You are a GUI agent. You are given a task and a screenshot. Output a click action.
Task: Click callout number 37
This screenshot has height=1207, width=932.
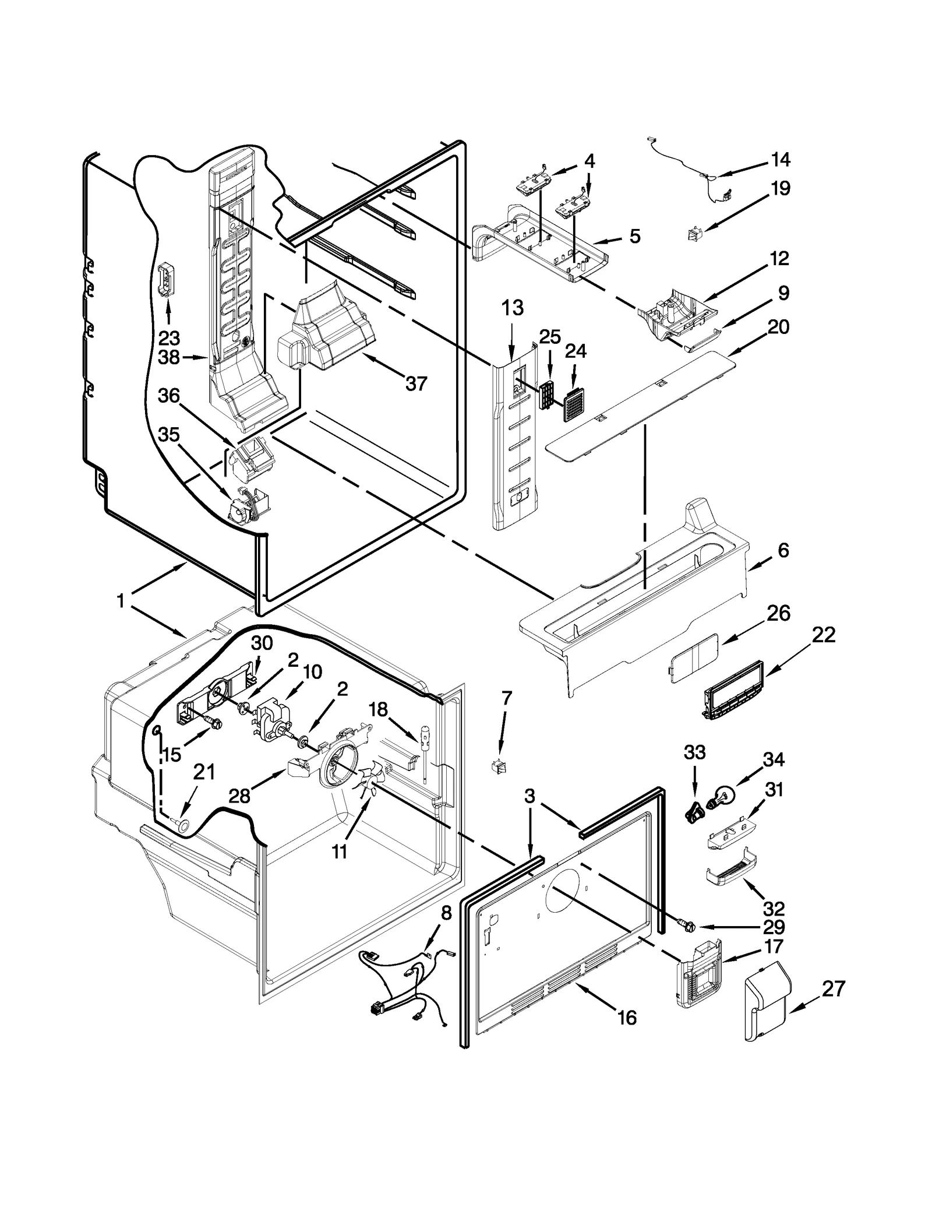(x=416, y=383)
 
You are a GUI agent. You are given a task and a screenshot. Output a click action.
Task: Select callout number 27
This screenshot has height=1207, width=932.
(x=833, y=988)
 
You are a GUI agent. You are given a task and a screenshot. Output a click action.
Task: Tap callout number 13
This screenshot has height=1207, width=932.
(x=512, y=308)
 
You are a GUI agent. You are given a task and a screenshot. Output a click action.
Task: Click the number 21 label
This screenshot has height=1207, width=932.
(x=204, y=772)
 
